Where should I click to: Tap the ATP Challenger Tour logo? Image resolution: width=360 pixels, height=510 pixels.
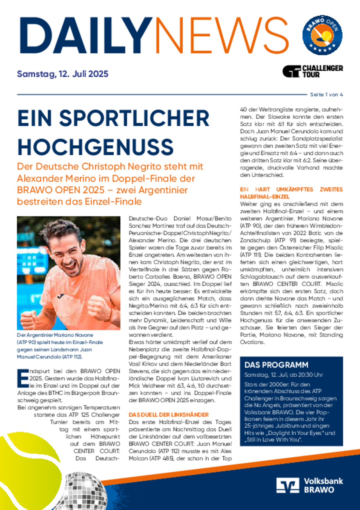point(312,71)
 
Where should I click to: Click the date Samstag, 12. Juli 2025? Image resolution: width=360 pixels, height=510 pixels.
point(62,74)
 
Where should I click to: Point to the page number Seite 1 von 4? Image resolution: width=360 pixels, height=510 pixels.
point(326,95)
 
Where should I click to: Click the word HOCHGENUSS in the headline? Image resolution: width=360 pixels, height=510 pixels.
point(96,147)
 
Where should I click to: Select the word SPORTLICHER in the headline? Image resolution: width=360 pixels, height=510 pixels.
point(134,118)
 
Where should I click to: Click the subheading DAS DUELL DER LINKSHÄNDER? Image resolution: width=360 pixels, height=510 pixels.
point(168,415)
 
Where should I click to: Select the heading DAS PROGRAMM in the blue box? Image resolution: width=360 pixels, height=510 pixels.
point(276,365)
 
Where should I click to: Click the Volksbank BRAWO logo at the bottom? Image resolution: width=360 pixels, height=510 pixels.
point(309,485)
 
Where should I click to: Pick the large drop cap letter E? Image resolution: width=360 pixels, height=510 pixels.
point(23,378)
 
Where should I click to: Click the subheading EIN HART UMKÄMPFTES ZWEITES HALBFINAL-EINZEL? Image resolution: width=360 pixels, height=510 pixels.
point(291,193)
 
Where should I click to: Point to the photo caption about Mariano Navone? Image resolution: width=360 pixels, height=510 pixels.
point(60,346)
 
